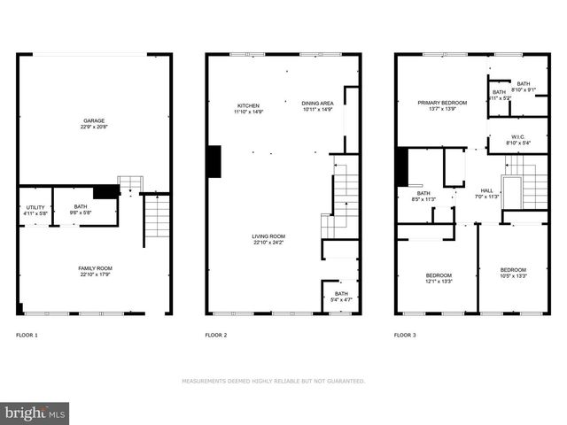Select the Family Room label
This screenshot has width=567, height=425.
[x=96, y=271]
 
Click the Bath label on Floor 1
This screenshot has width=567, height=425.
[x=81, y=210]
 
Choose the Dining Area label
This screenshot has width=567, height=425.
[x=316, y=106]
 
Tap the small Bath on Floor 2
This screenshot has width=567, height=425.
[x=340, y=297]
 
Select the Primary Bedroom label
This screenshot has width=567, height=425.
[x=441, y=105]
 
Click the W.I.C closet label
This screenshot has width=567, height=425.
[x=518, y=139]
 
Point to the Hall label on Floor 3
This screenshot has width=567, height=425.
[x=486, y=193]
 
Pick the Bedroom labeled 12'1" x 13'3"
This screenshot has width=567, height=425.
[x=439, y=278]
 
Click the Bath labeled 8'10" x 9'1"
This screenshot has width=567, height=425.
[x=524, y=87]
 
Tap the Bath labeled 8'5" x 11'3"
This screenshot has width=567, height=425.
[x=423, y=196]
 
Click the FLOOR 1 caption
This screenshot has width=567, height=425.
[x=28, y=336]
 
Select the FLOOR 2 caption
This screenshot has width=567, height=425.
[x=216, y=336]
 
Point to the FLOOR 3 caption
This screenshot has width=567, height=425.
[x=406, y=336]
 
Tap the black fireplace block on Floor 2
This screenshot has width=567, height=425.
[x=214, y=162]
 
